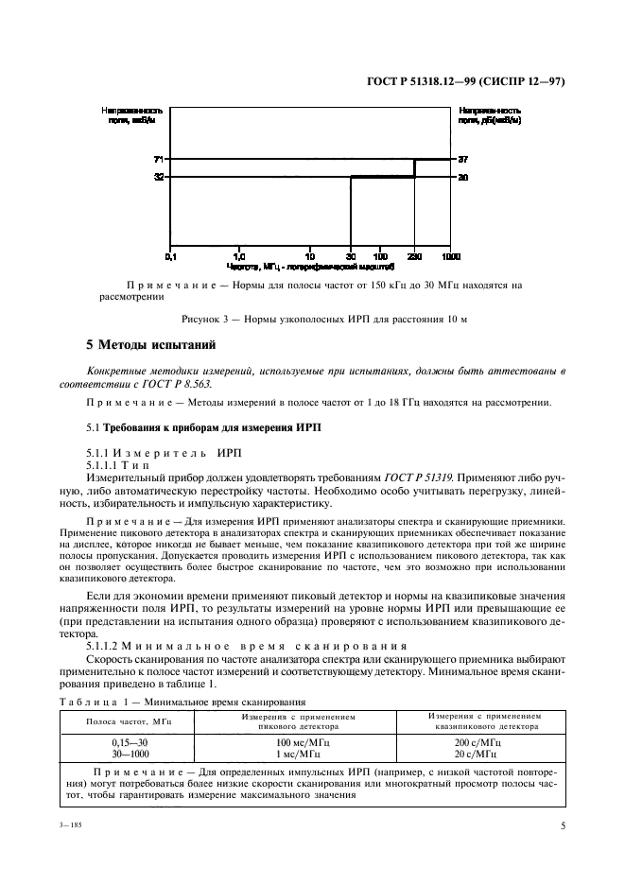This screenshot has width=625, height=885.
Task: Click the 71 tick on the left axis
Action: tap(158, 159)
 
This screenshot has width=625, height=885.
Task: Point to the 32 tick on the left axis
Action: tap(158, 177)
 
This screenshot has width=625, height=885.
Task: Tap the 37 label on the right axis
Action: tap(463, 159)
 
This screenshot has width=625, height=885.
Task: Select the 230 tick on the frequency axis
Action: tap(413, 256)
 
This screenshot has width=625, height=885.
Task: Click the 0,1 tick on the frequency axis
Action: tap(170, 256)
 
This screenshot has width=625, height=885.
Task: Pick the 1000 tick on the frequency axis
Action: tap(450, 256)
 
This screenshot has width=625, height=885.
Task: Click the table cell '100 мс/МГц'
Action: tap(288, 743)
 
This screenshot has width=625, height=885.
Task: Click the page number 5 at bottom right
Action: tap(562, 825)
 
